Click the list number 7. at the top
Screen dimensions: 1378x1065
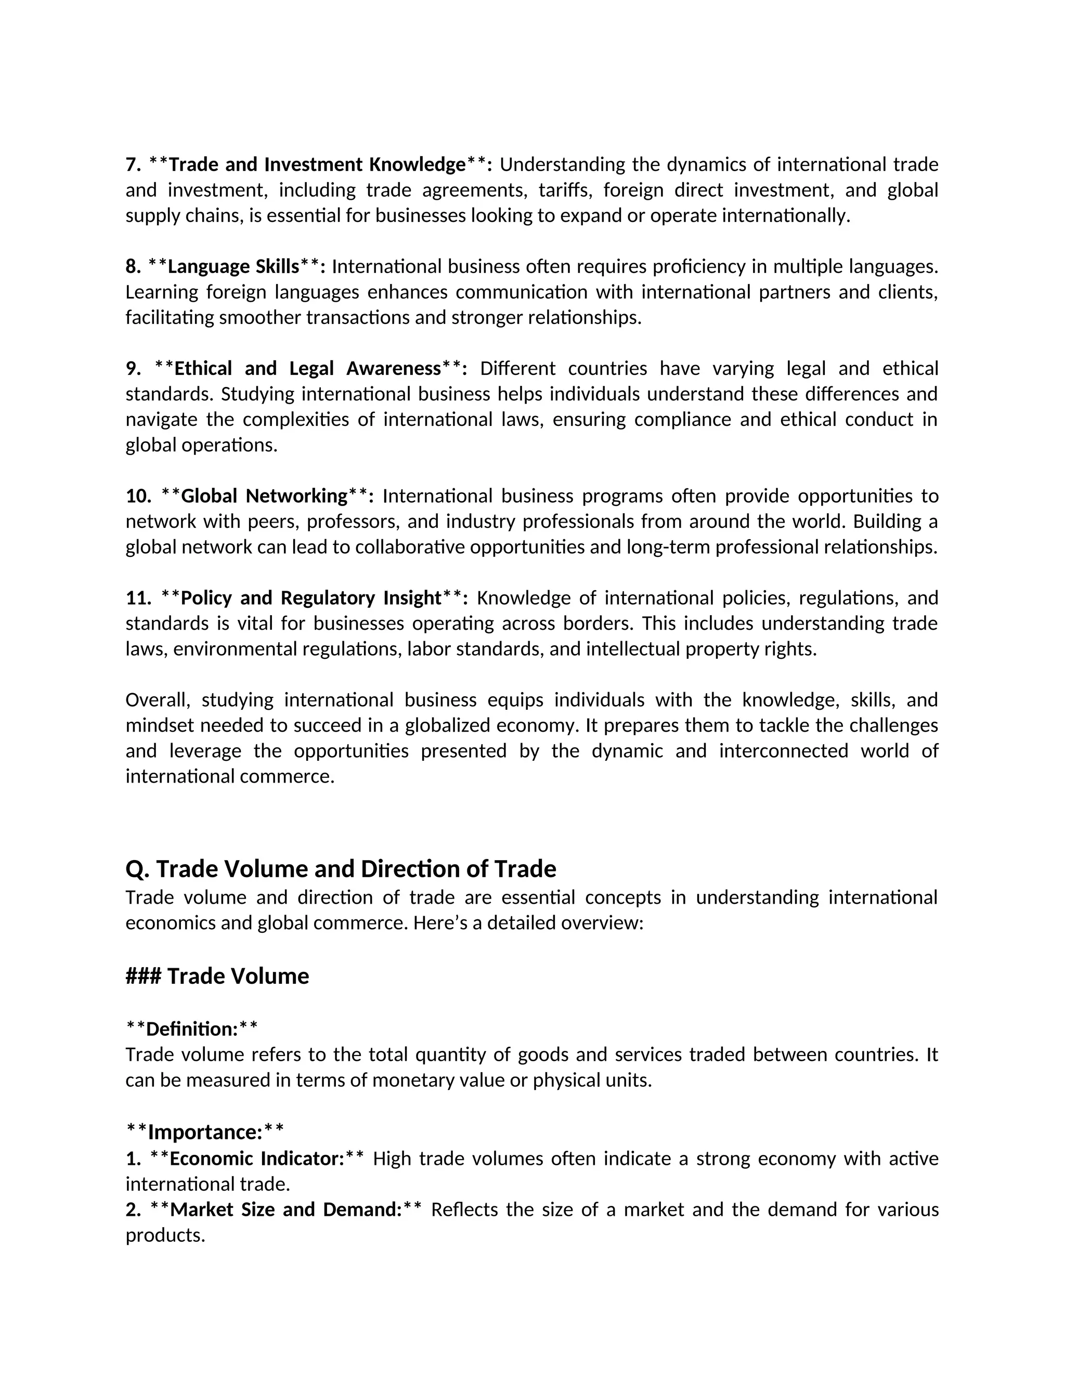[133, 165]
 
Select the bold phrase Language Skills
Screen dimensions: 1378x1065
[233, 267]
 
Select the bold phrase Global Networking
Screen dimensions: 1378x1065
[264, 496]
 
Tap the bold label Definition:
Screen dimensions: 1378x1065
[192, 1030]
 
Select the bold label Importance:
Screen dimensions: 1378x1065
[205, 1133]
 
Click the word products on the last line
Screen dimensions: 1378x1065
[165, 1236]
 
